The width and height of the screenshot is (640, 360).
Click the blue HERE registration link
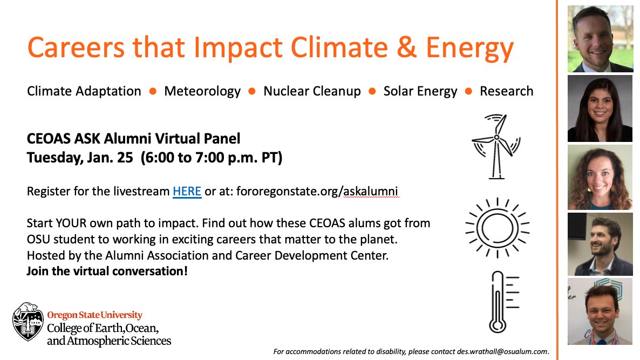point(187,191)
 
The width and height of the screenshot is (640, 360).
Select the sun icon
point(497,228)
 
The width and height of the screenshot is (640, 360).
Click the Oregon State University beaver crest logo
point(28,322)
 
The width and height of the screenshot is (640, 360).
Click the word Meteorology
point(202,91)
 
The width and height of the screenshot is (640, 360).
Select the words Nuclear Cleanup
point(312,91)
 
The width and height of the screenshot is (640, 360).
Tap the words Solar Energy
point(420,91)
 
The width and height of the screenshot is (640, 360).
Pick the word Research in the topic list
point(507,91)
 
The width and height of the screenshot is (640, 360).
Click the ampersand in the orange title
point(406,47)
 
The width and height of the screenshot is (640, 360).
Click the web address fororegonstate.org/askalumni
point(317,191)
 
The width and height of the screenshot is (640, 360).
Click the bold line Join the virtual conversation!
point(107,271)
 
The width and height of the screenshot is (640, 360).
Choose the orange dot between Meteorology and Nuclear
point(252,91)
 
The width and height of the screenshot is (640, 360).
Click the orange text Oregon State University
point(94,315)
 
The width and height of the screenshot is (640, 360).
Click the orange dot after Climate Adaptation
point(153,91)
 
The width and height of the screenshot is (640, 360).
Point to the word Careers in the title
point(76,47)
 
